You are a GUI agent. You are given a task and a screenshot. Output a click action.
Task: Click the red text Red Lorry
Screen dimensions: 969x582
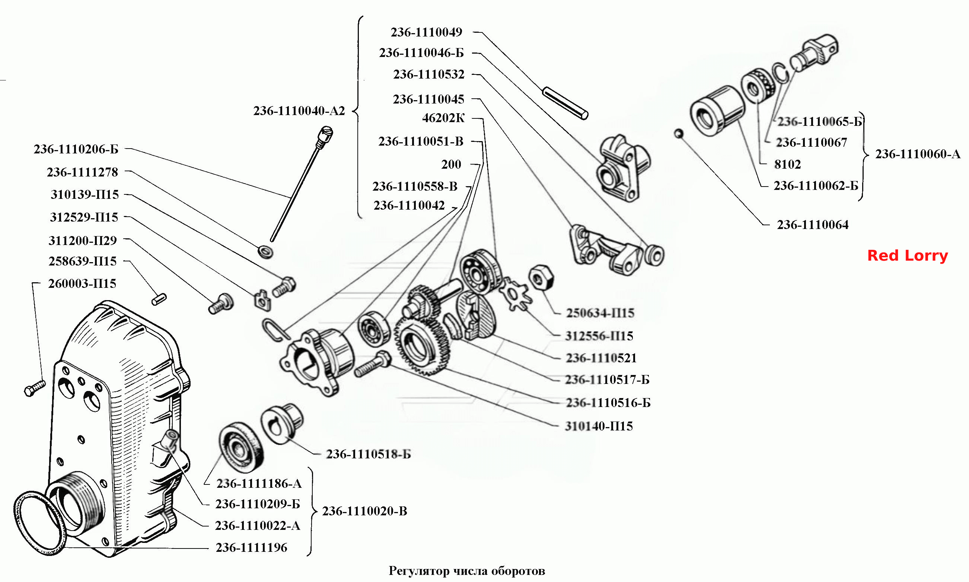click(x=908, y=256)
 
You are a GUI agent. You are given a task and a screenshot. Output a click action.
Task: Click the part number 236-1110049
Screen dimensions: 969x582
click(x=427, y=32)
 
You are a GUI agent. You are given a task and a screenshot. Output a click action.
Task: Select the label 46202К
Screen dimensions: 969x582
click(x=443, y=118)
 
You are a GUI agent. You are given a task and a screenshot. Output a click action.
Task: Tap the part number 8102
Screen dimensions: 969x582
click(x=787, y=164)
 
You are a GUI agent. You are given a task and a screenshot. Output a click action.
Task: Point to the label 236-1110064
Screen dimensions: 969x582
click(x=813, y=225)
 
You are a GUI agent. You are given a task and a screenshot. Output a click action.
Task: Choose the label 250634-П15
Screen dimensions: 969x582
click(x=600, y=313)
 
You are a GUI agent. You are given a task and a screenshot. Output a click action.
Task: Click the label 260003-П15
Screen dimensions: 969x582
click(x=82, y=283)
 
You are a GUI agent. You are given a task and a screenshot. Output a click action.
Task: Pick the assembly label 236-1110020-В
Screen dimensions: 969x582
click(x=364, y=511)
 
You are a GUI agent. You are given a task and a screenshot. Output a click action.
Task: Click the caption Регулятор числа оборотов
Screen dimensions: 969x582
click(x=467, y=570)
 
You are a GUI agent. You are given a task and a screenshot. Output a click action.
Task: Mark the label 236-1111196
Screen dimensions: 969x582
click(x=252, y=547)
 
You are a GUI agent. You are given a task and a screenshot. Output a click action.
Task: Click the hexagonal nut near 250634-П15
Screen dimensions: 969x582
click(x=541, y=277)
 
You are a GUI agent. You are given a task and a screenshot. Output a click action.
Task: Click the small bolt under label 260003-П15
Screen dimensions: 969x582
click(x=35, y=388)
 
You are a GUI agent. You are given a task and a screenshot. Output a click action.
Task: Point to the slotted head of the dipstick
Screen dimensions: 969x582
click(x=325, y=135)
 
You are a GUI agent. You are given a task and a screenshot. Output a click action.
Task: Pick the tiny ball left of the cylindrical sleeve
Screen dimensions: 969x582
click(x=679, y=134)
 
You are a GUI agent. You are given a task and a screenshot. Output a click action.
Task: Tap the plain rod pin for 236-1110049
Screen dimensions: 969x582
click(x=565, y=104)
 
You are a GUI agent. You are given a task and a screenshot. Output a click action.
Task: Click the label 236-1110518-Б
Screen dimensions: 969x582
click(x=369, y=454)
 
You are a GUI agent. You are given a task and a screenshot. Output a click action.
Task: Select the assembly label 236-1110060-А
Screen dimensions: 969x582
click(x=918, y=154)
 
